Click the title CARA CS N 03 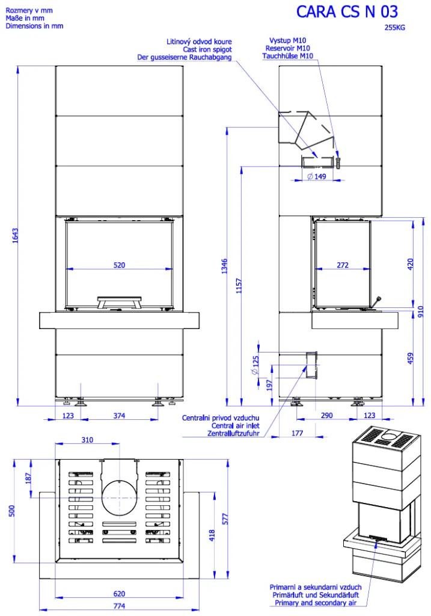(347, 12)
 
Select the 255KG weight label (394, 28)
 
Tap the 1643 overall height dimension (15, 235)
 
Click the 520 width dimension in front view (120, 265)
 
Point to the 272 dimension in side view (343, 265)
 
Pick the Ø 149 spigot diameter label (317, 177)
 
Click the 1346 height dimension (224, 266)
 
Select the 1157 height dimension (239, 286)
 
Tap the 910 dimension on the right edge (421, 312)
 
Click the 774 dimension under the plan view (120, 606)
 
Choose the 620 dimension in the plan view (120, 594)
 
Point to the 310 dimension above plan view (87, 440)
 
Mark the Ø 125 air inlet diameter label (255, 365)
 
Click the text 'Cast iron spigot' (207, 49)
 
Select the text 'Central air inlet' (236, 425)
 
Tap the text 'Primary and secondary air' (316, 603)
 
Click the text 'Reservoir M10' (288, 48)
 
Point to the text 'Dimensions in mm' (34, 26)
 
